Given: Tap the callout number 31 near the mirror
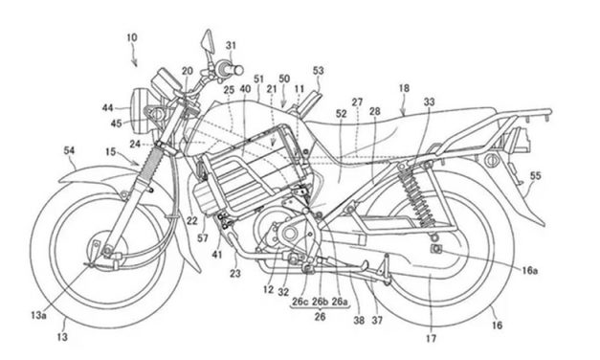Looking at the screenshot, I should [232, 46].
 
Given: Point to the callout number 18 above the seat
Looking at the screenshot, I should [405, 88].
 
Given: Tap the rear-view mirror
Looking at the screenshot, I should [205, 43].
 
